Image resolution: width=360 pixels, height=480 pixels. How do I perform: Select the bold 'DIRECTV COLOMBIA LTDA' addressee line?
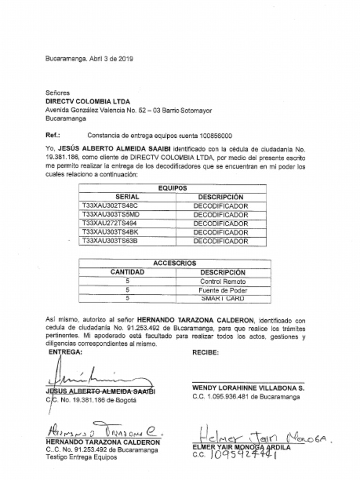coord(88,101)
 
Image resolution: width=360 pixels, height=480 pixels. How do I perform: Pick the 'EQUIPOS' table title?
coord(172,188)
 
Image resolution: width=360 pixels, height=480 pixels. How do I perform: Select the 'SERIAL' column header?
coord(127,197)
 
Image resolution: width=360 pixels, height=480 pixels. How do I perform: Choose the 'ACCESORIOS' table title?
coord(174,263)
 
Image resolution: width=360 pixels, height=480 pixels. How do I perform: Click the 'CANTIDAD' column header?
coord(127,272)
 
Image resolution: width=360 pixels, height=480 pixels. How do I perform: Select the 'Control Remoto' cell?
coord(223,282)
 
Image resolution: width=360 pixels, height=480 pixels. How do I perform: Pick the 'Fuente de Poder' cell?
coord(223,290)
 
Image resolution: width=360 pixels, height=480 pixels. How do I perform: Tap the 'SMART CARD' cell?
coord(223,298)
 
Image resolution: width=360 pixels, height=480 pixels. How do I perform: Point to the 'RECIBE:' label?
coord(205,352)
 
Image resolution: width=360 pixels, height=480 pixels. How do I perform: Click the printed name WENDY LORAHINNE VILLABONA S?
coord(248,388)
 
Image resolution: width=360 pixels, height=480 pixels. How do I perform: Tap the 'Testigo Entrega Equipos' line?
coord(81,457)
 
